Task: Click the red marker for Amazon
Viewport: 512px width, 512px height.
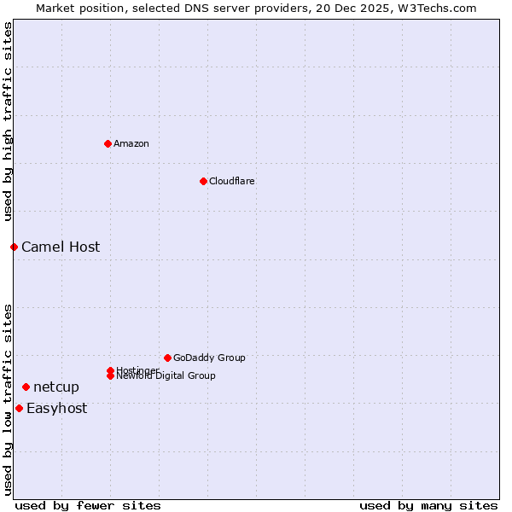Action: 108,143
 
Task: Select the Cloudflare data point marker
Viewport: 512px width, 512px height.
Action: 203,181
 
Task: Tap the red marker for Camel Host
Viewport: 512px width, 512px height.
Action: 14,247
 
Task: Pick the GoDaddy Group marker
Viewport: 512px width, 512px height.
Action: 167,358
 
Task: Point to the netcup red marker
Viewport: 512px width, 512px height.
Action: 26,387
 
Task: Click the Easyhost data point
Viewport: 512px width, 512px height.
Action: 19,408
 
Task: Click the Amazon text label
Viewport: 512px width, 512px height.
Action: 131,143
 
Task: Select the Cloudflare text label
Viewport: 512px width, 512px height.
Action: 232,181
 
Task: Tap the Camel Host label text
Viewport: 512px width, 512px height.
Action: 61,247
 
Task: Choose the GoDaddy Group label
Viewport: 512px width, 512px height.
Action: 209,358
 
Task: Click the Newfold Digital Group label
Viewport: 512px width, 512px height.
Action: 166,376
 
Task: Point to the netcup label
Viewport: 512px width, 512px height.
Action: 56,387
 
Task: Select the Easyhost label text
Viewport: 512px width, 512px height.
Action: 56,408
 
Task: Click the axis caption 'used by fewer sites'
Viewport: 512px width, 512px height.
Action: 88,505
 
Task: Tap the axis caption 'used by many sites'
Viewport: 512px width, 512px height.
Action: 428,505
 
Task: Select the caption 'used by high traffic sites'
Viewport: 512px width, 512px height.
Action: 8,122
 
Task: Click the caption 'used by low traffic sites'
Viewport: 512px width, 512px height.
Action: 8,399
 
